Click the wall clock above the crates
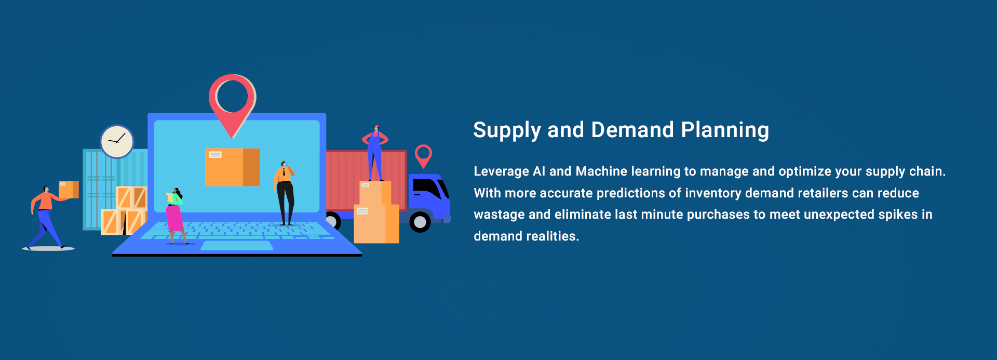(x=117, y=141)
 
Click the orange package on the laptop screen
(x=232, y=167)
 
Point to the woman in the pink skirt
(x=175, y=216)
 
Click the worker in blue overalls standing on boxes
(x=375, y=153)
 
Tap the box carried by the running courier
(x=69, y=190)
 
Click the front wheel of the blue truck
(x=420, y=222)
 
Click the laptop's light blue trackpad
(x=237, y=246)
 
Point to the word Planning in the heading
(x=725, y=130)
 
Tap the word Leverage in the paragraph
(x=501, y=171)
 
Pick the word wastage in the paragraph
(x=499, y=215)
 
